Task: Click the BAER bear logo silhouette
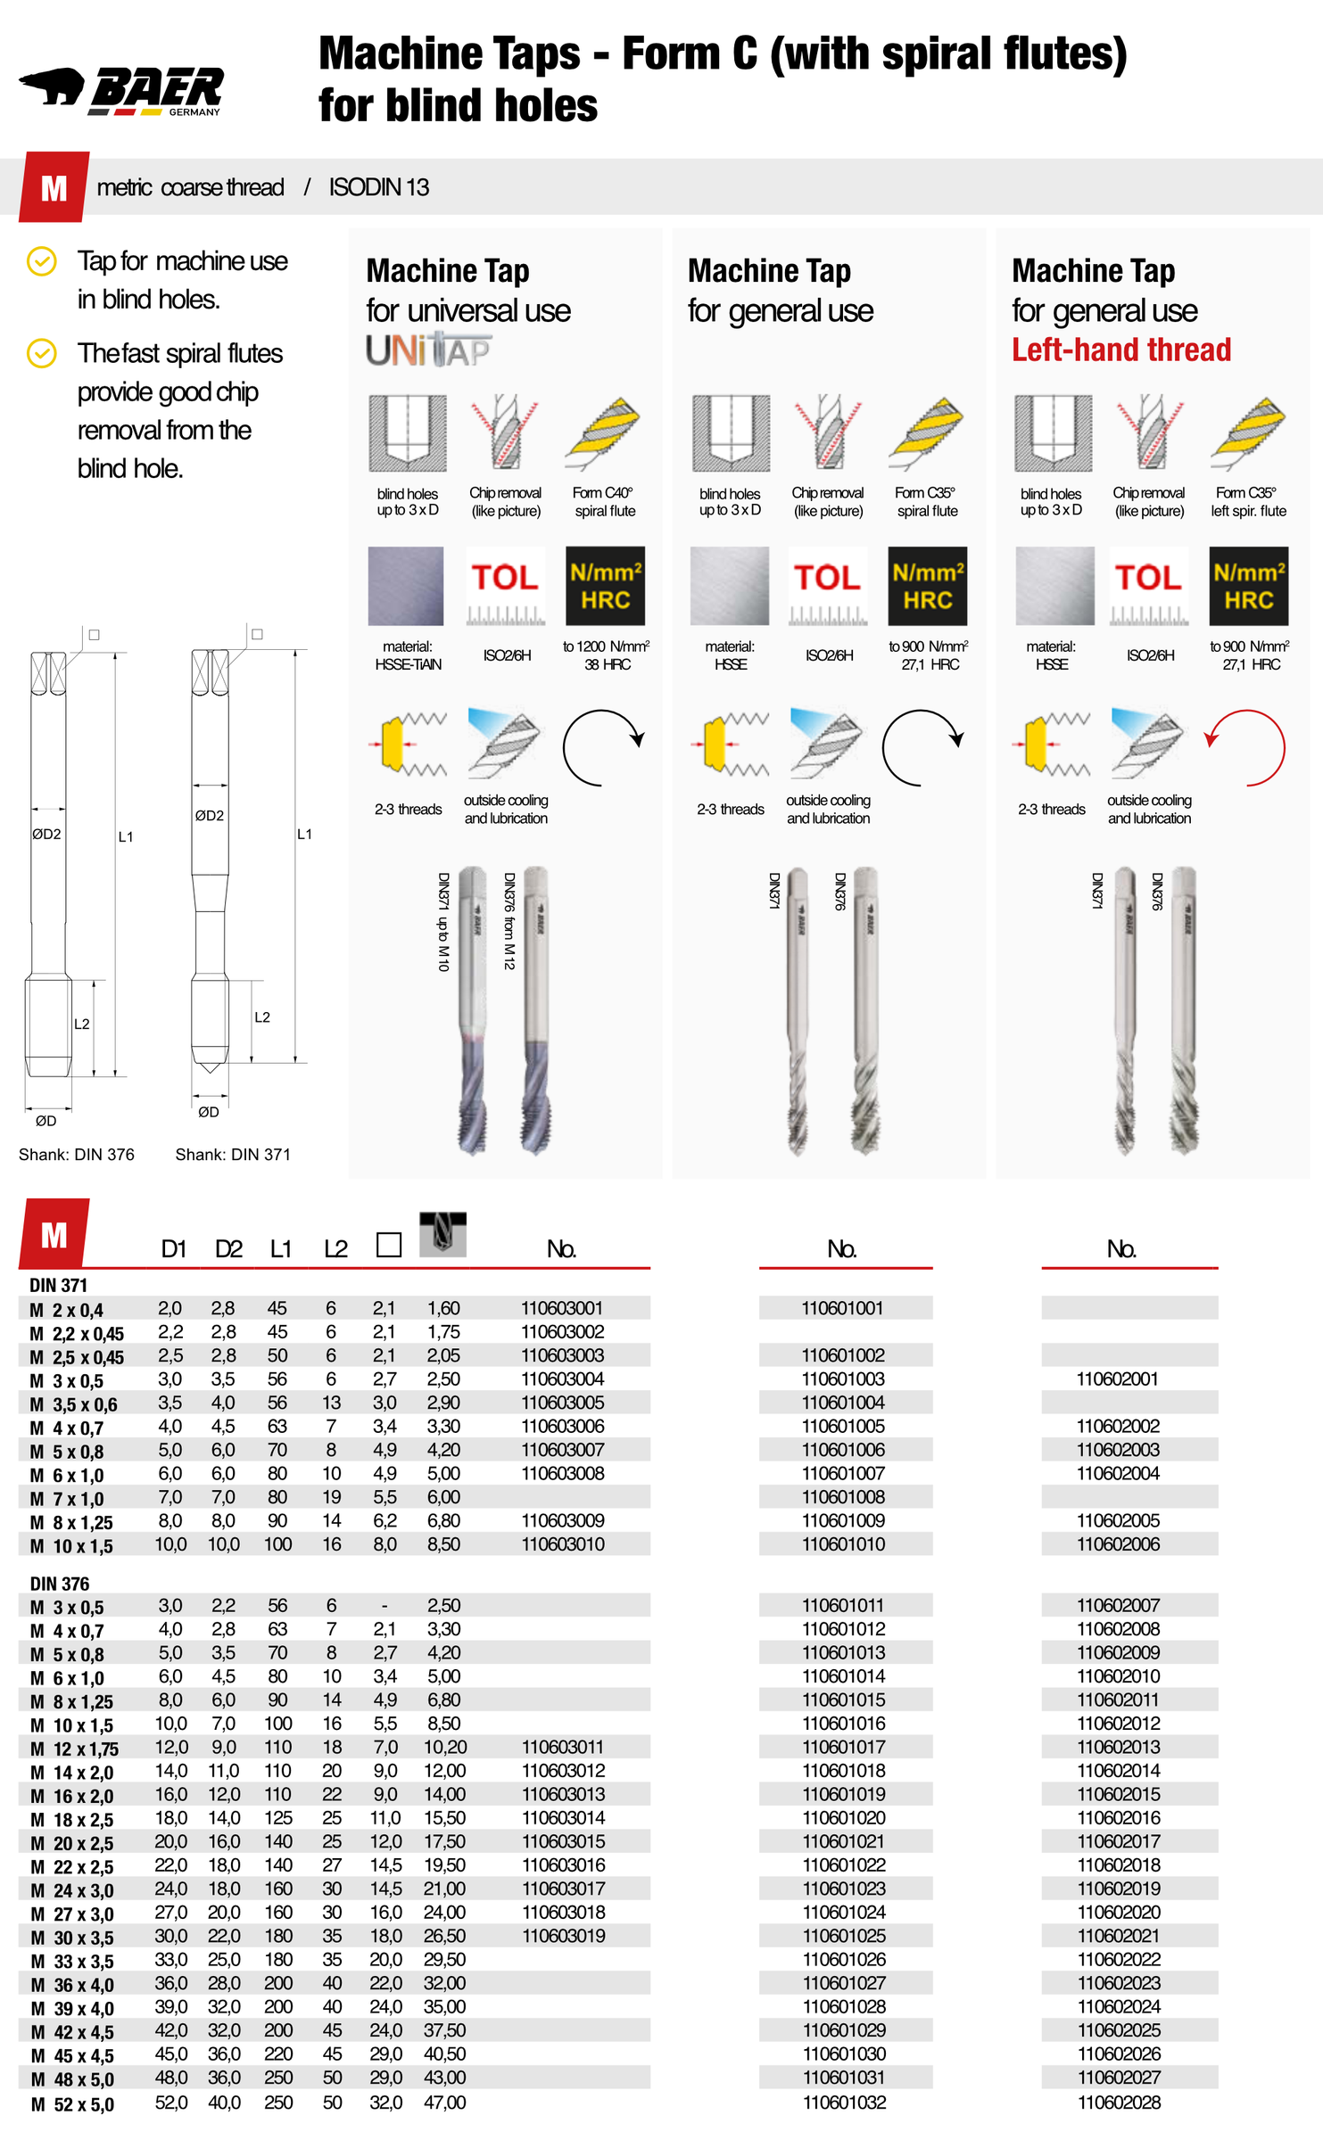tap(52, 86)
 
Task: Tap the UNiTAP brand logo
tap(428, 350)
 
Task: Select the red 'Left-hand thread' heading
tap(1120, 350)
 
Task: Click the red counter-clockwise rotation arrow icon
tap(1247, 747)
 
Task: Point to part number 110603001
tap(562, 1308)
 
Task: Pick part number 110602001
tap(1117, 1379)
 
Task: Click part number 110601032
tap(844, 2102)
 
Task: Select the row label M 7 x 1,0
tap(67, 1499)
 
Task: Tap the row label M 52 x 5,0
tap(72, 2104)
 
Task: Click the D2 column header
tap(228, 1249)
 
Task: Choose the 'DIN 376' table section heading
tap(60, 1584)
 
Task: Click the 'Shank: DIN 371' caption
tap(233, 1154)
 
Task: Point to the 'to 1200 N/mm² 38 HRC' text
tap(607, 655)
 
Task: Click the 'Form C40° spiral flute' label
tap(604, 502)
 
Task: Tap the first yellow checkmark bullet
tap(42, 261)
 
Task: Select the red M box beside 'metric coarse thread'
tap(54, 187)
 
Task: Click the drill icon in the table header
tap(442, 1234)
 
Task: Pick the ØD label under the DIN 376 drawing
tap(45, 1121)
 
